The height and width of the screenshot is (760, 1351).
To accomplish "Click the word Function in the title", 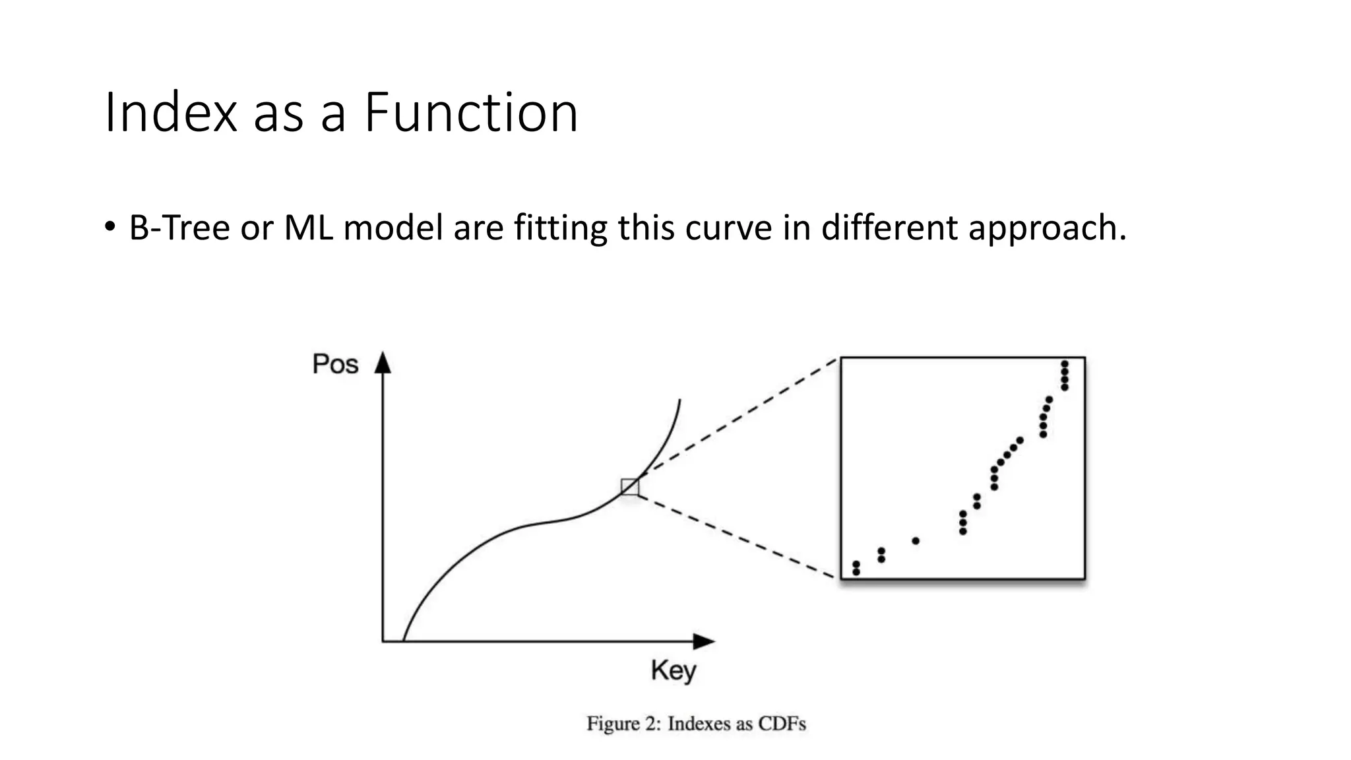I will [x=470, y=113].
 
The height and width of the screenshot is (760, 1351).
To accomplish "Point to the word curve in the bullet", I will [x=728, y=228].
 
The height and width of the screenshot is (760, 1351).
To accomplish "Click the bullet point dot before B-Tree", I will [x=110, y=226].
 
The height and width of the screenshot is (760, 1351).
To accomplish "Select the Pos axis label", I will [x=335, y=364].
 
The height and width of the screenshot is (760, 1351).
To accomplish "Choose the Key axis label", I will [x=674, y=671].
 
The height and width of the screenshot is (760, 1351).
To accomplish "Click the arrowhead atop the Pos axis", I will [x=383, y=363].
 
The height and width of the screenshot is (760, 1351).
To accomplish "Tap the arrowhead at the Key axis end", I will [x=705, y=641].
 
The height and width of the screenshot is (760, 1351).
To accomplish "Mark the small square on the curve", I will [x=630, y=487].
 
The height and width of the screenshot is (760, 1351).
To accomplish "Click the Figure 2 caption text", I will [x=696, y=724].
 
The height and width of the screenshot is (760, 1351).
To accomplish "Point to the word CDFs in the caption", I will [x=782, y=724].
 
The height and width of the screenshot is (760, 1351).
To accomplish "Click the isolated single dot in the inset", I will [x=916, y=541].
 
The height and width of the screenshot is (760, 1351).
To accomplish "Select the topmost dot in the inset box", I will [x=1064, y=364].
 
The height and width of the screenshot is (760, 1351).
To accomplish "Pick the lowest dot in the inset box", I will [x=856, y=572].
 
